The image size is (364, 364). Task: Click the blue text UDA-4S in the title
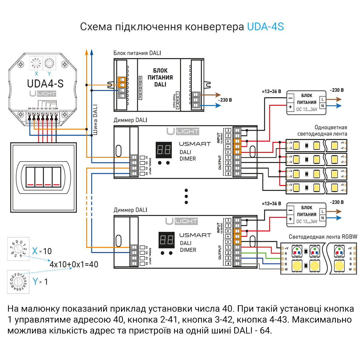pyautogui.click(x=265, y=27)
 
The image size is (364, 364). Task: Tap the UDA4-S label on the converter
pyautogui.click(x=45, y=83)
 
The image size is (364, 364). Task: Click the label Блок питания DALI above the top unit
pyautogui.click(x=137, y=53)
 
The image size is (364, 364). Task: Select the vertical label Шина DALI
pyautogui.click(x=95, y=120)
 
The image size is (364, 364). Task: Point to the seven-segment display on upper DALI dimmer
pyautogui.click(x=163, y=150)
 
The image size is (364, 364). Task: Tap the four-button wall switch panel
pyautogui.click(x=43, y=177)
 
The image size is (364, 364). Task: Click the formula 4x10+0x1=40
pyautogui.click(x=74, y=264)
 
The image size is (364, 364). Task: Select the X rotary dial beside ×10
pyautogui.click(x=18, y=249)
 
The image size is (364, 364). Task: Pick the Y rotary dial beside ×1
pyautogui.click(x=18, y=282)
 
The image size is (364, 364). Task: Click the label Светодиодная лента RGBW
pyautogui.click(x=323, y=237)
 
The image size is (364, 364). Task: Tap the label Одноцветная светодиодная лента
pyautogui.click(x=322, y=131)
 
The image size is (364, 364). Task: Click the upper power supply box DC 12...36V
pyautogui.click(x=306, y=103)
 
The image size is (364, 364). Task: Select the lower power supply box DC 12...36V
pyautogui.click(x=306, y=215)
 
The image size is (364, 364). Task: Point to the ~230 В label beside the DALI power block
pyautogui.click(x=225, y=100)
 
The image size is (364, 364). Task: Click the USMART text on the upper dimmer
pyautogui.click(x=195, y=144)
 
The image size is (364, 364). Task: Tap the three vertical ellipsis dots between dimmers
pyautogui.click(x=186, y=196)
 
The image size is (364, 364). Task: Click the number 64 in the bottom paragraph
pyautogui.click(x=265, y=330)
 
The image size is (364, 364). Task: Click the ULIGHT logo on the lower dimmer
pyautogui.click(x=182, y=221)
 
